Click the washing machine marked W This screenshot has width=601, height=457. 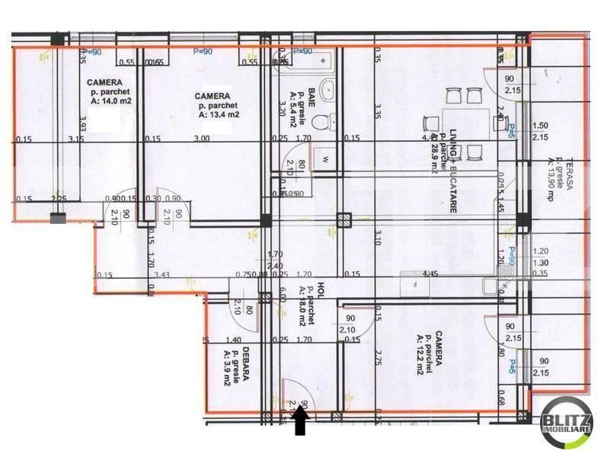(324, 159)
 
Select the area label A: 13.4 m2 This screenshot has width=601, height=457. (219, 116)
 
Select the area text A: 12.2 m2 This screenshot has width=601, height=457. (420, 355)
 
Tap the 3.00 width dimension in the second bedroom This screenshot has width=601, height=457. (202, 139)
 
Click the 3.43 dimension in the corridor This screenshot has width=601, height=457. (161, 275)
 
